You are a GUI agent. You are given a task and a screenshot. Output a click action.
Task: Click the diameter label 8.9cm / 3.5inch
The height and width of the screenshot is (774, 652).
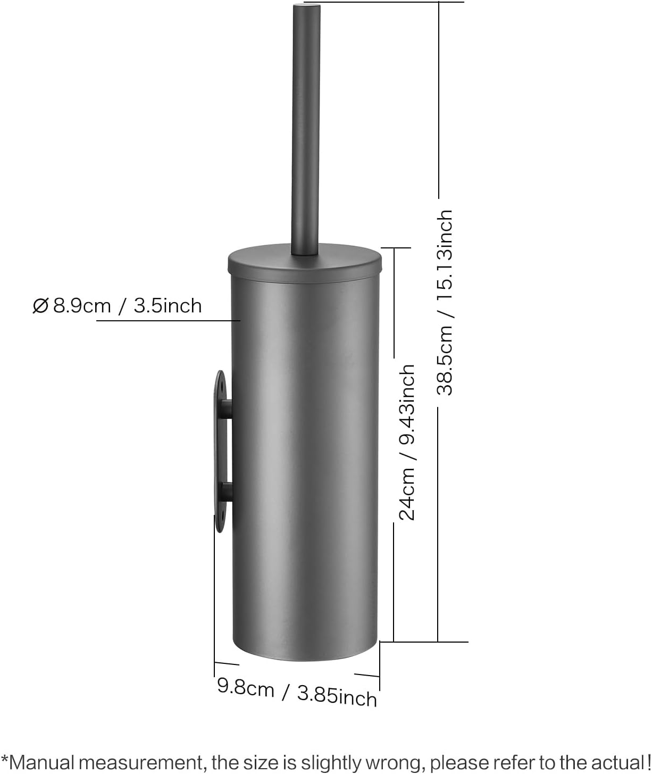click(x=127, y=306)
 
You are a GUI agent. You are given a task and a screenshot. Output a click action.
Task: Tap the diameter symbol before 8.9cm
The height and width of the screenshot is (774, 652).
click(x=40, y=306)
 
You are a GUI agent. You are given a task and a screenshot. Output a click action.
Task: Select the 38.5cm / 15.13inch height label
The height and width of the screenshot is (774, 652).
click(x=445, y=302)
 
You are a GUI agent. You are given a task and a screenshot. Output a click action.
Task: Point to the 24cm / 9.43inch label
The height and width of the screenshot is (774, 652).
click(x=407, y=442)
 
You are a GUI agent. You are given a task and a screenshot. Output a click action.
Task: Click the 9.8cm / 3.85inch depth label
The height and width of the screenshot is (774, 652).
click(x=297, y=692)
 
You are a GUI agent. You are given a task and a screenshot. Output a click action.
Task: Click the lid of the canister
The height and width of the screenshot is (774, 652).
click(x=305, y=263)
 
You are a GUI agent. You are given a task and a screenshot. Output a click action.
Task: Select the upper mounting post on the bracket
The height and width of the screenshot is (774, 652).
click(x=227, y=409)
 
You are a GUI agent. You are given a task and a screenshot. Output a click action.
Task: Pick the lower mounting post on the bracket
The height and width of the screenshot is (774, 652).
click(x=227, y=492)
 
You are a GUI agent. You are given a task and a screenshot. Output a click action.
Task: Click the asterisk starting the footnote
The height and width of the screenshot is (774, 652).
click(x=4, y=758)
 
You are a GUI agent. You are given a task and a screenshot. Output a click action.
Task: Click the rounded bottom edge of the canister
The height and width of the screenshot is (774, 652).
click(x=305, y=658)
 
